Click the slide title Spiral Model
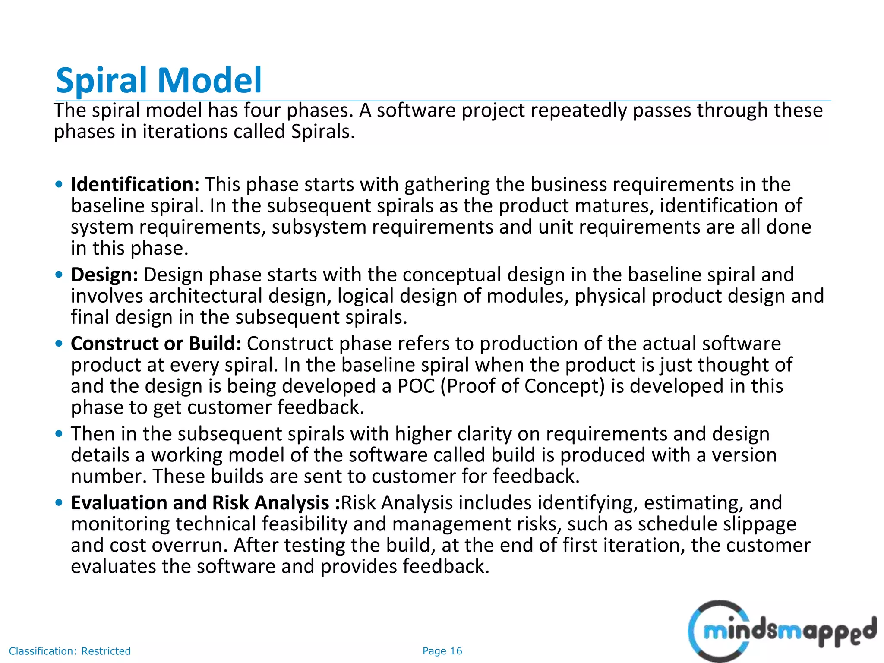158,80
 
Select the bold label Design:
104,275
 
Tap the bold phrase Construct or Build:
156,344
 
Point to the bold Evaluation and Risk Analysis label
205,503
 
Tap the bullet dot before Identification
59,185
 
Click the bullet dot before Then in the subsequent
59,433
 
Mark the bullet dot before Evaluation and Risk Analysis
59,503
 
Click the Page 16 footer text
442,651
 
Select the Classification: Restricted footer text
69,651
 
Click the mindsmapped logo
781,631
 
